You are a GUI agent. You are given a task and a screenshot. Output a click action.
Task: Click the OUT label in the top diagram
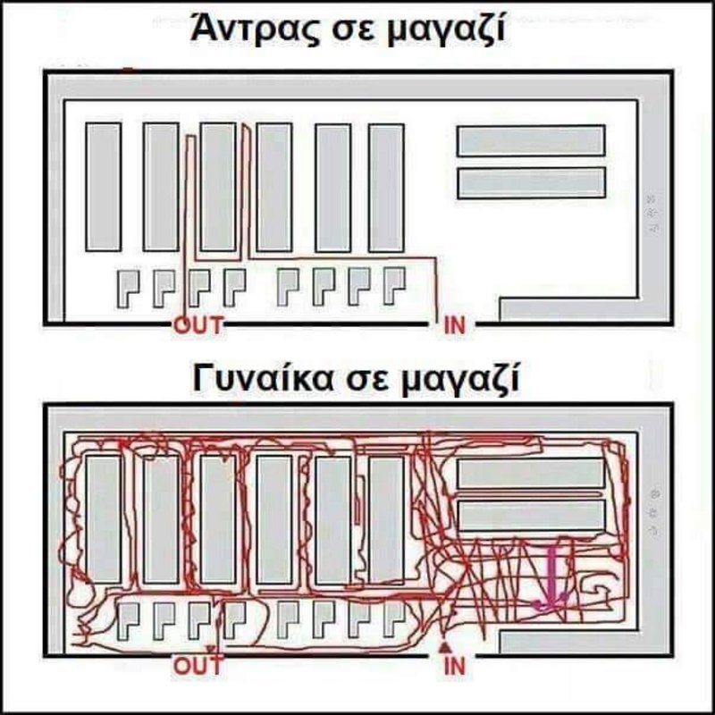(198, 325)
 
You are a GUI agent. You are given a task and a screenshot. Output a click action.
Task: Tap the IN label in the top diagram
(454, 325)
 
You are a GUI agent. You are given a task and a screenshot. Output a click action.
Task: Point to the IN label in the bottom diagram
(454, 665)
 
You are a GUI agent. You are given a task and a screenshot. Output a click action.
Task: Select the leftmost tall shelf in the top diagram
(104, 187)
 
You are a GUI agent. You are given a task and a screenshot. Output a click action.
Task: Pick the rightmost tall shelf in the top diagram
(385, 187)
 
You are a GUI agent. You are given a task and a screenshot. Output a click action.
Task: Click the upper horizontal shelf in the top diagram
(531, 139)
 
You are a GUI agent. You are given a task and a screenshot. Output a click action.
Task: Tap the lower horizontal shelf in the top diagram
(531, 183)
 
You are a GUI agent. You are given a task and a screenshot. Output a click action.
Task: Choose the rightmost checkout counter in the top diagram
(393, 287)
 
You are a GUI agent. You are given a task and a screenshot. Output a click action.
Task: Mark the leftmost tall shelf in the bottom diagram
(104, 518)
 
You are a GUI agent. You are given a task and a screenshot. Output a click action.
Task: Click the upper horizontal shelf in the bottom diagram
(531, 473)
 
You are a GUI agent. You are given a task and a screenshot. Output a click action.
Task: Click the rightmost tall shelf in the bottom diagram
(385, 518)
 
